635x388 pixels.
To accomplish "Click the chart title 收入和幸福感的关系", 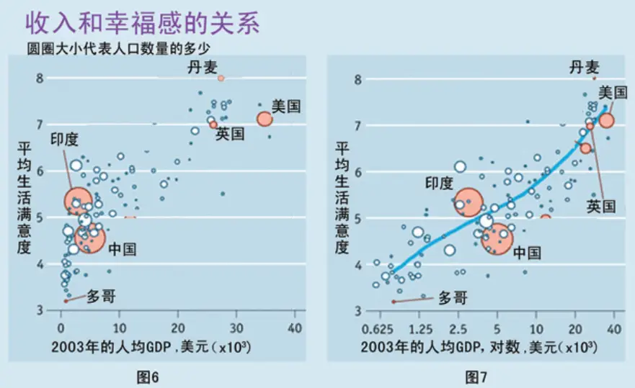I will (x=142, y=23).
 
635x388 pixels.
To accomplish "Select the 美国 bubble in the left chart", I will (x=264, y=118).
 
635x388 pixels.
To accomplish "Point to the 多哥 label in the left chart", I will (x=101, y=296).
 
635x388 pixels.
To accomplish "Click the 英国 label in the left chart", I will (x=231, y=134).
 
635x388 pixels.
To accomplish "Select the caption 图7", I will (x=475, y=375).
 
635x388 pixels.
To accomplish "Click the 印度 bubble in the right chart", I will (x=469, y=202).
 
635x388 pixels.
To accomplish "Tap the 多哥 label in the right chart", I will (x=453, y=297).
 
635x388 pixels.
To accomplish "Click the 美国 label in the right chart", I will (x=612, y=92).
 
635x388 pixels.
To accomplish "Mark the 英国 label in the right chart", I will (x=600, y=207).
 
